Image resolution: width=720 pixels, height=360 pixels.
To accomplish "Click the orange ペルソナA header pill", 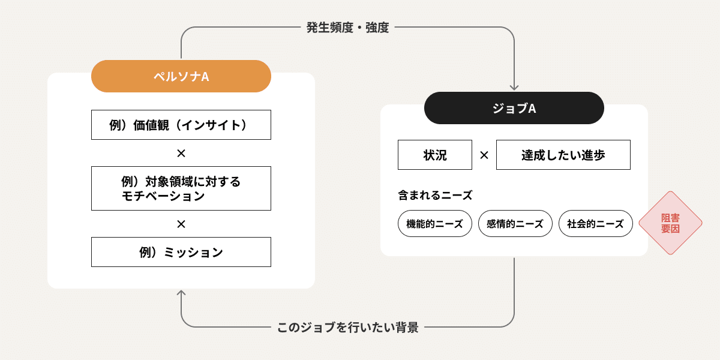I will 181,76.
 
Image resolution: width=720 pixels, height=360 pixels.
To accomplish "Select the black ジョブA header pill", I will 514,108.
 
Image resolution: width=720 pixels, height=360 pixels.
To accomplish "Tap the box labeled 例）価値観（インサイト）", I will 181,125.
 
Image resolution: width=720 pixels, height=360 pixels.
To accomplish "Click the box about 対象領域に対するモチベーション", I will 181,188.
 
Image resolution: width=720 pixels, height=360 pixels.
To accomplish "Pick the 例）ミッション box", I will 181,252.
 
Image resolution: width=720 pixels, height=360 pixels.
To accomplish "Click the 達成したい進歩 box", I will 563,155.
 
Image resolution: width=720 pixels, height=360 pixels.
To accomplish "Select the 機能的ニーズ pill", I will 434,224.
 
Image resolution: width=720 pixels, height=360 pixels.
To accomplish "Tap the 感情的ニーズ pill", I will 515,224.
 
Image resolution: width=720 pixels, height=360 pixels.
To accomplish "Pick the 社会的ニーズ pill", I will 595,224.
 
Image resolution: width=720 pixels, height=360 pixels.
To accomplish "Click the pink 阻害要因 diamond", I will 670,223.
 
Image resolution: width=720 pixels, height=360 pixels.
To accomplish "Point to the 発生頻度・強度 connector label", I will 347,28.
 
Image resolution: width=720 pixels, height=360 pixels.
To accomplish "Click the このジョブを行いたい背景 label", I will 347,328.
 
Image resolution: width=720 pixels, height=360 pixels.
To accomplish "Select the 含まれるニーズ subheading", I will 435,195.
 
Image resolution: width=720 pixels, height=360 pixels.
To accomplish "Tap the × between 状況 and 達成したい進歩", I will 484,155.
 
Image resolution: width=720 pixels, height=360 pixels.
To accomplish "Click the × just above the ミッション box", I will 181,224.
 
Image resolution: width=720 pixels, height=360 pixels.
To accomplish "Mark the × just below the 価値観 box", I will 181,154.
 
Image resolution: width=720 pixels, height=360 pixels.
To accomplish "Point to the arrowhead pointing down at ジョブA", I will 514,86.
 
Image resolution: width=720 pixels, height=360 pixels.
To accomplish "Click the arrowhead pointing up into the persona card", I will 181,293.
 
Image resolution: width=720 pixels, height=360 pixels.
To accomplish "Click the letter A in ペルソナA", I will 205,77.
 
